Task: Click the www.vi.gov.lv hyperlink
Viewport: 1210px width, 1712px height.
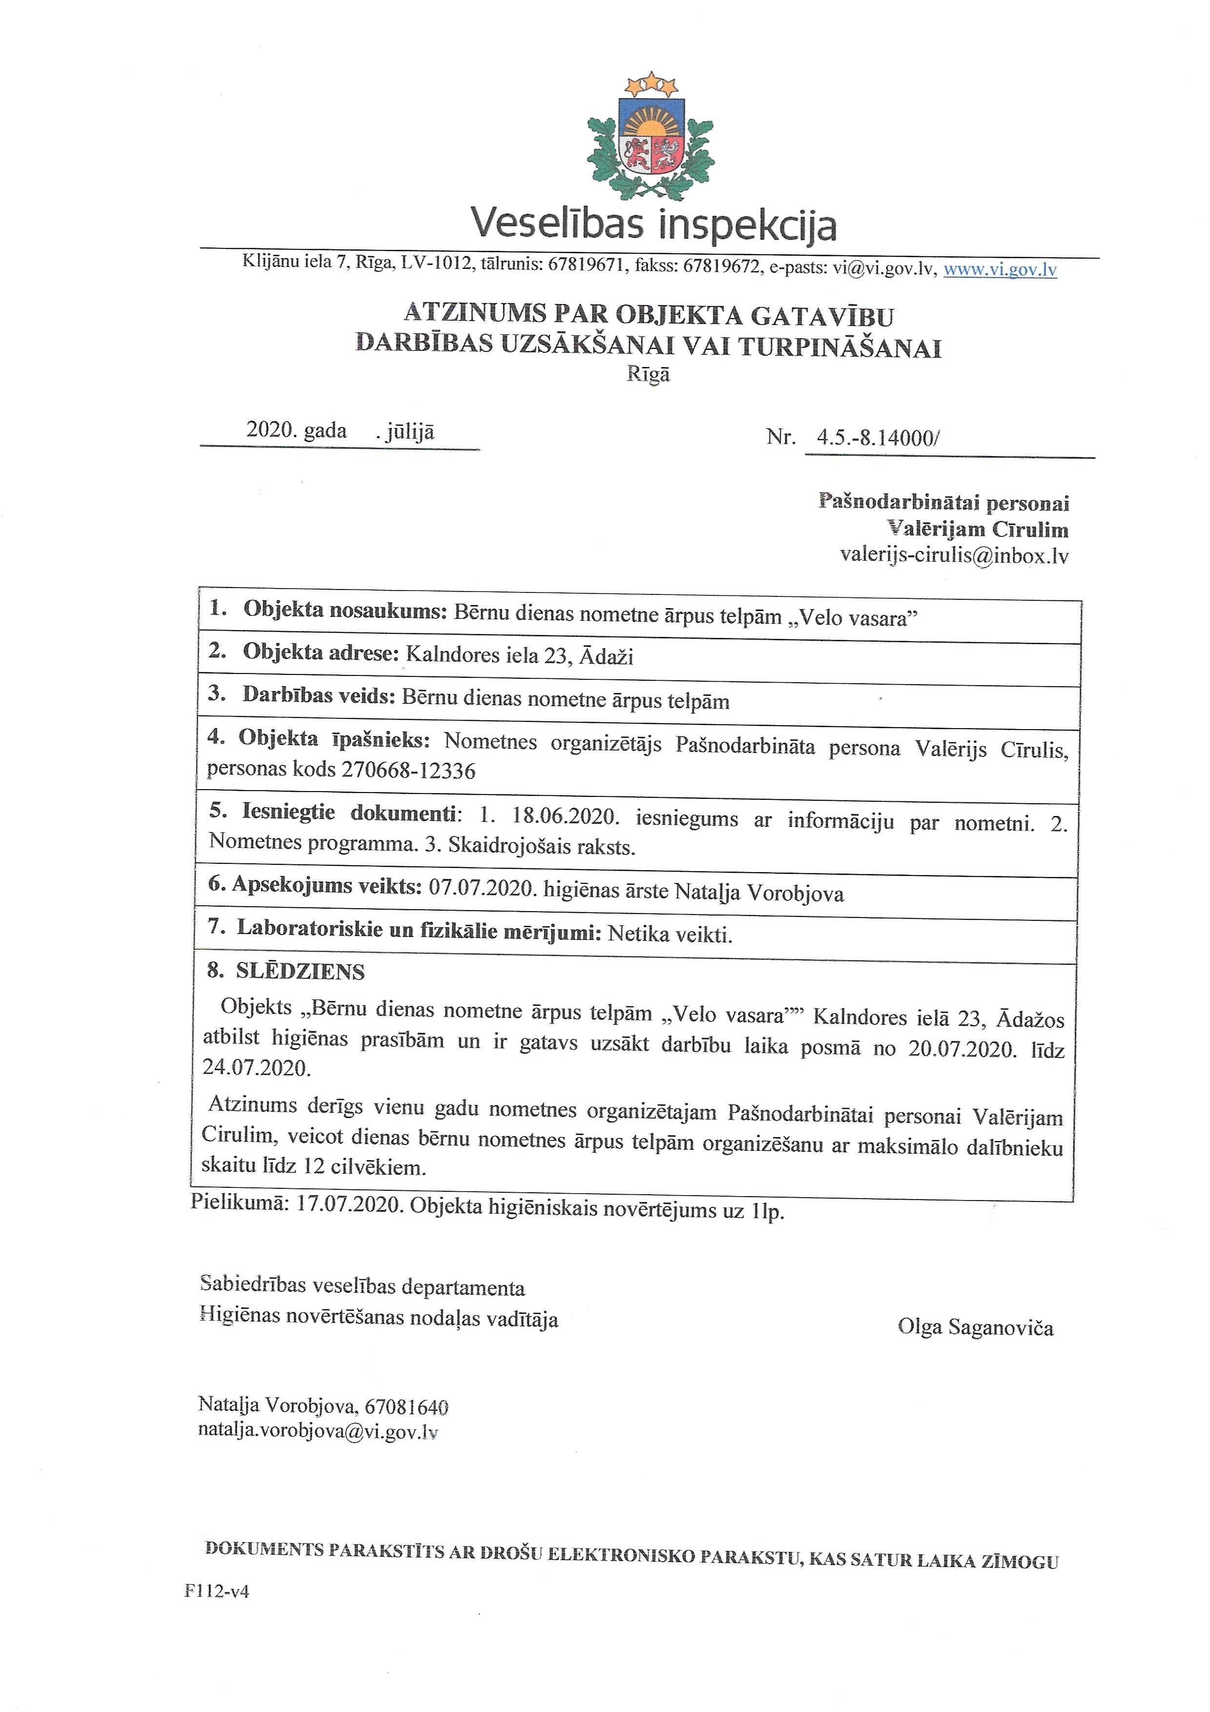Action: tap(1000, 269)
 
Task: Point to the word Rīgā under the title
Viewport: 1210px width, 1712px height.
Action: tap(648, 374)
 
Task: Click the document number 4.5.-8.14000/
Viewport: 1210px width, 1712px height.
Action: tap(877, 438)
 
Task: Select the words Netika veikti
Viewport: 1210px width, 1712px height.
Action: tap(669, 934)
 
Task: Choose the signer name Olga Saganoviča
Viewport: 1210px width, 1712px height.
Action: tap(975, 1327)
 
